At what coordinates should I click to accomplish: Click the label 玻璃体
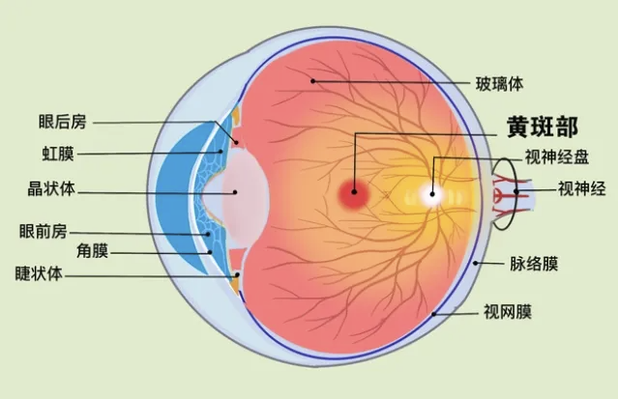click(499, 84)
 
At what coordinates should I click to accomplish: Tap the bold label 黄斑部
click(543, 127)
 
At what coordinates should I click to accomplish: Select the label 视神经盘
click(557, 157)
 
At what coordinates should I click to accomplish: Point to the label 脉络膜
click(534, 264)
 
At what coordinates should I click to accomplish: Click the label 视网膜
click(508, 311)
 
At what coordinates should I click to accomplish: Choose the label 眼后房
click(62, 122)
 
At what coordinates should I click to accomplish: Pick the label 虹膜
click(58, 154)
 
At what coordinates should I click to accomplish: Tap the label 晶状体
click(51, 188)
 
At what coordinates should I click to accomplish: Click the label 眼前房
click(44, 231)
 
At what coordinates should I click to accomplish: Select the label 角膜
click(92, 251)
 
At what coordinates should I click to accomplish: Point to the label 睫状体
click(39, 273)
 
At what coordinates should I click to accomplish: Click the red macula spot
click(354, 193)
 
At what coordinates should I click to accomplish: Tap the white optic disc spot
click(432, 194)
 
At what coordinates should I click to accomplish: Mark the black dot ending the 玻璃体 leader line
click(312, 81)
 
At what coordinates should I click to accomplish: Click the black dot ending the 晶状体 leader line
click(235, 192)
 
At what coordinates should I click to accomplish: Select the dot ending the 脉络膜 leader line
click(475, 263)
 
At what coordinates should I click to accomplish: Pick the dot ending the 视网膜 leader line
click(434, 314)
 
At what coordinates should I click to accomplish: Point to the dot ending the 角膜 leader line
click(210, 252)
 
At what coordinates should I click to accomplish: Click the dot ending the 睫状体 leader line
click(237, 275)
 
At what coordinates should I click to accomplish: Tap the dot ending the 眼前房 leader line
click(208, 234)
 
